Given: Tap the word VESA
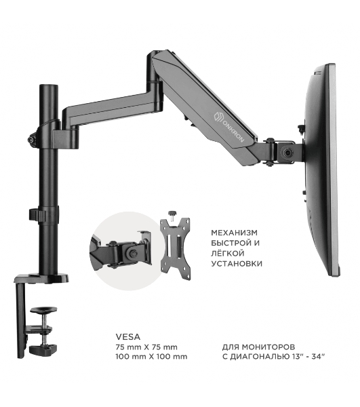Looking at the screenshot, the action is (128, 336).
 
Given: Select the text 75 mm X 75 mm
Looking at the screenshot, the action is (146, 347).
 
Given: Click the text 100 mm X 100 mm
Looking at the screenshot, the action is (151, 357).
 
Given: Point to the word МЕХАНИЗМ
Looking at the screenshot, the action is (234, 233).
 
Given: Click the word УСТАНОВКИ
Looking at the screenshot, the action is (237, 264).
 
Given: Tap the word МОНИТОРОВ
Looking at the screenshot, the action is (268, 347).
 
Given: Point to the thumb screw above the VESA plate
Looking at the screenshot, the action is (172, 214).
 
